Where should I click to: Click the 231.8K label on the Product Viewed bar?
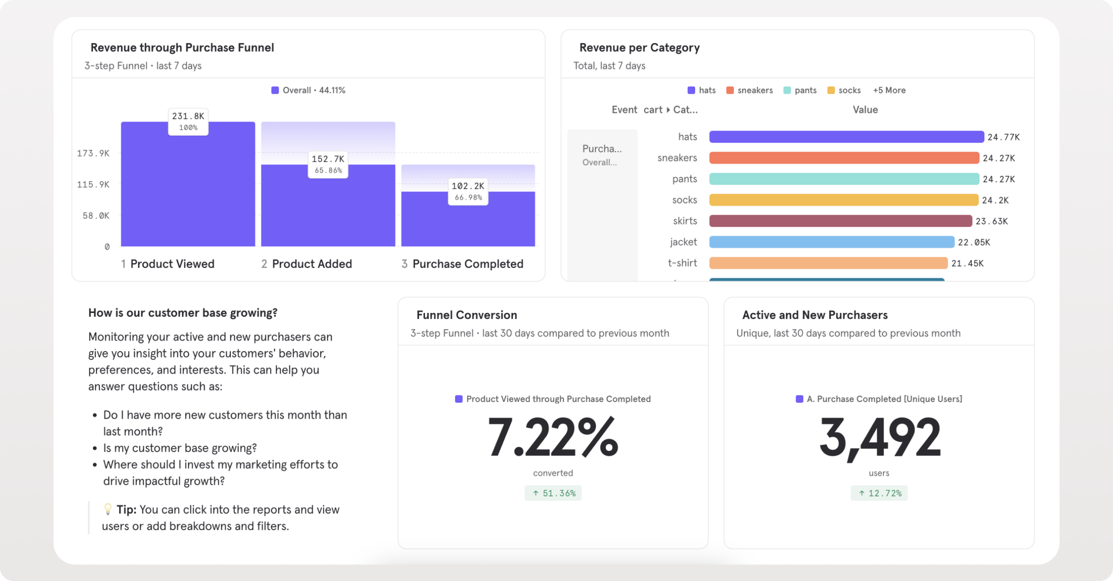(x=188, y=122)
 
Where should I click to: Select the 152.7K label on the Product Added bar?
(x=328, y=164)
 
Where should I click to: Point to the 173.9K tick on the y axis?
(x=93, y=153)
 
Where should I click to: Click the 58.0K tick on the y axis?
(x=96, y=215)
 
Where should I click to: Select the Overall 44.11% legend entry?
(x=308, y=90)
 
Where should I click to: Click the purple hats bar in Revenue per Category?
(x=846, y=137)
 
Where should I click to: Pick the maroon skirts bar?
(x=840, y=221)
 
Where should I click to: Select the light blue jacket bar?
(x=831, y=242)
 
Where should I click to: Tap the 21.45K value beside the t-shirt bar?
(x=967, y=263)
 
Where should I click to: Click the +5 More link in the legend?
(x=889, y=90)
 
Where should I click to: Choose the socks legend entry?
(x=844, y=90)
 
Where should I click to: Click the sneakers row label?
(x=677, y=158)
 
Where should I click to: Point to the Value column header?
(x=865, y=110)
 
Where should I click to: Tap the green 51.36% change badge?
(x=553, y=493)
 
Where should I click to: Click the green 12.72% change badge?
(x=879, y=493)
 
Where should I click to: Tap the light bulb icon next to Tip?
(x=108, y=509)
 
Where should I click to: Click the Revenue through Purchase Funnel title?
(x=182, y=48)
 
